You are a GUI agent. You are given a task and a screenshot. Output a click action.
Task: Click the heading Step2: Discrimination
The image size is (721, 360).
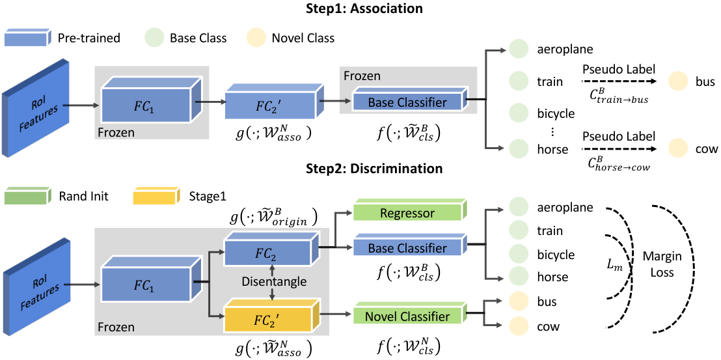pyautogui.click(x=361, y=168)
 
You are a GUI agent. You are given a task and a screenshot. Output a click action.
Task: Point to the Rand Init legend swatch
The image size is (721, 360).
pyautogui.click(x=26, y=197)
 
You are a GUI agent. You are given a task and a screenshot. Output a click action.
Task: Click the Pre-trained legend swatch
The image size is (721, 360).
pyautogui.click(x=26, y=38)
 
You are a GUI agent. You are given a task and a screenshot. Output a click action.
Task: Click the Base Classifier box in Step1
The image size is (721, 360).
pyautogui.click(x=407, y=103)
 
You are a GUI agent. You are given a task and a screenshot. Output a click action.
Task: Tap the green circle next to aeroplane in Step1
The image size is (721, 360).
pyautogui.click(x=519, y=49)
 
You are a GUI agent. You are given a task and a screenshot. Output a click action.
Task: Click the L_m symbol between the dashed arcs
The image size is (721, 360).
pyautogui.click(x=619, y=266)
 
